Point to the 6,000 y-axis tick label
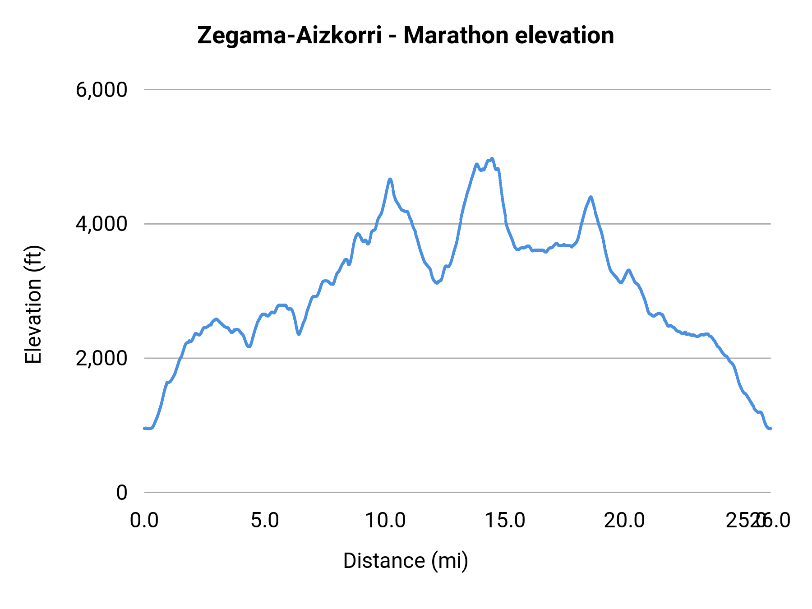point(101,90)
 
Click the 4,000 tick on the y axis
point(101,224)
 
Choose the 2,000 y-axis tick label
point(101,358)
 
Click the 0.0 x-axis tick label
point(144,521)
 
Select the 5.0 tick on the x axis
point(265,521)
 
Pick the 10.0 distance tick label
point(385,521)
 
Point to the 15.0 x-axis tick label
point(505,521)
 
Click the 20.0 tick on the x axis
point(625,521)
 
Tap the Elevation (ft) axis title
point(33,304)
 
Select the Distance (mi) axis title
point(406,561)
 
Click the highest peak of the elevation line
point(492,159)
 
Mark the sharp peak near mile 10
point(390,179)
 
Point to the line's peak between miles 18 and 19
point(591,197)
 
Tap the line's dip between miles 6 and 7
point(299,334)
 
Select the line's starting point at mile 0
point(145,428)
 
